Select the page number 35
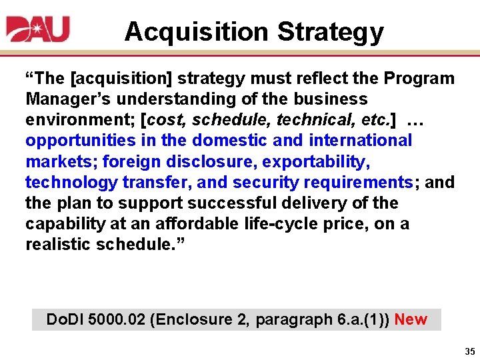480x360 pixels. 469,351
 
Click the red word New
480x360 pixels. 411,319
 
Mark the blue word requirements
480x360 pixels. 360,182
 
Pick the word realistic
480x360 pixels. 58,244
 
